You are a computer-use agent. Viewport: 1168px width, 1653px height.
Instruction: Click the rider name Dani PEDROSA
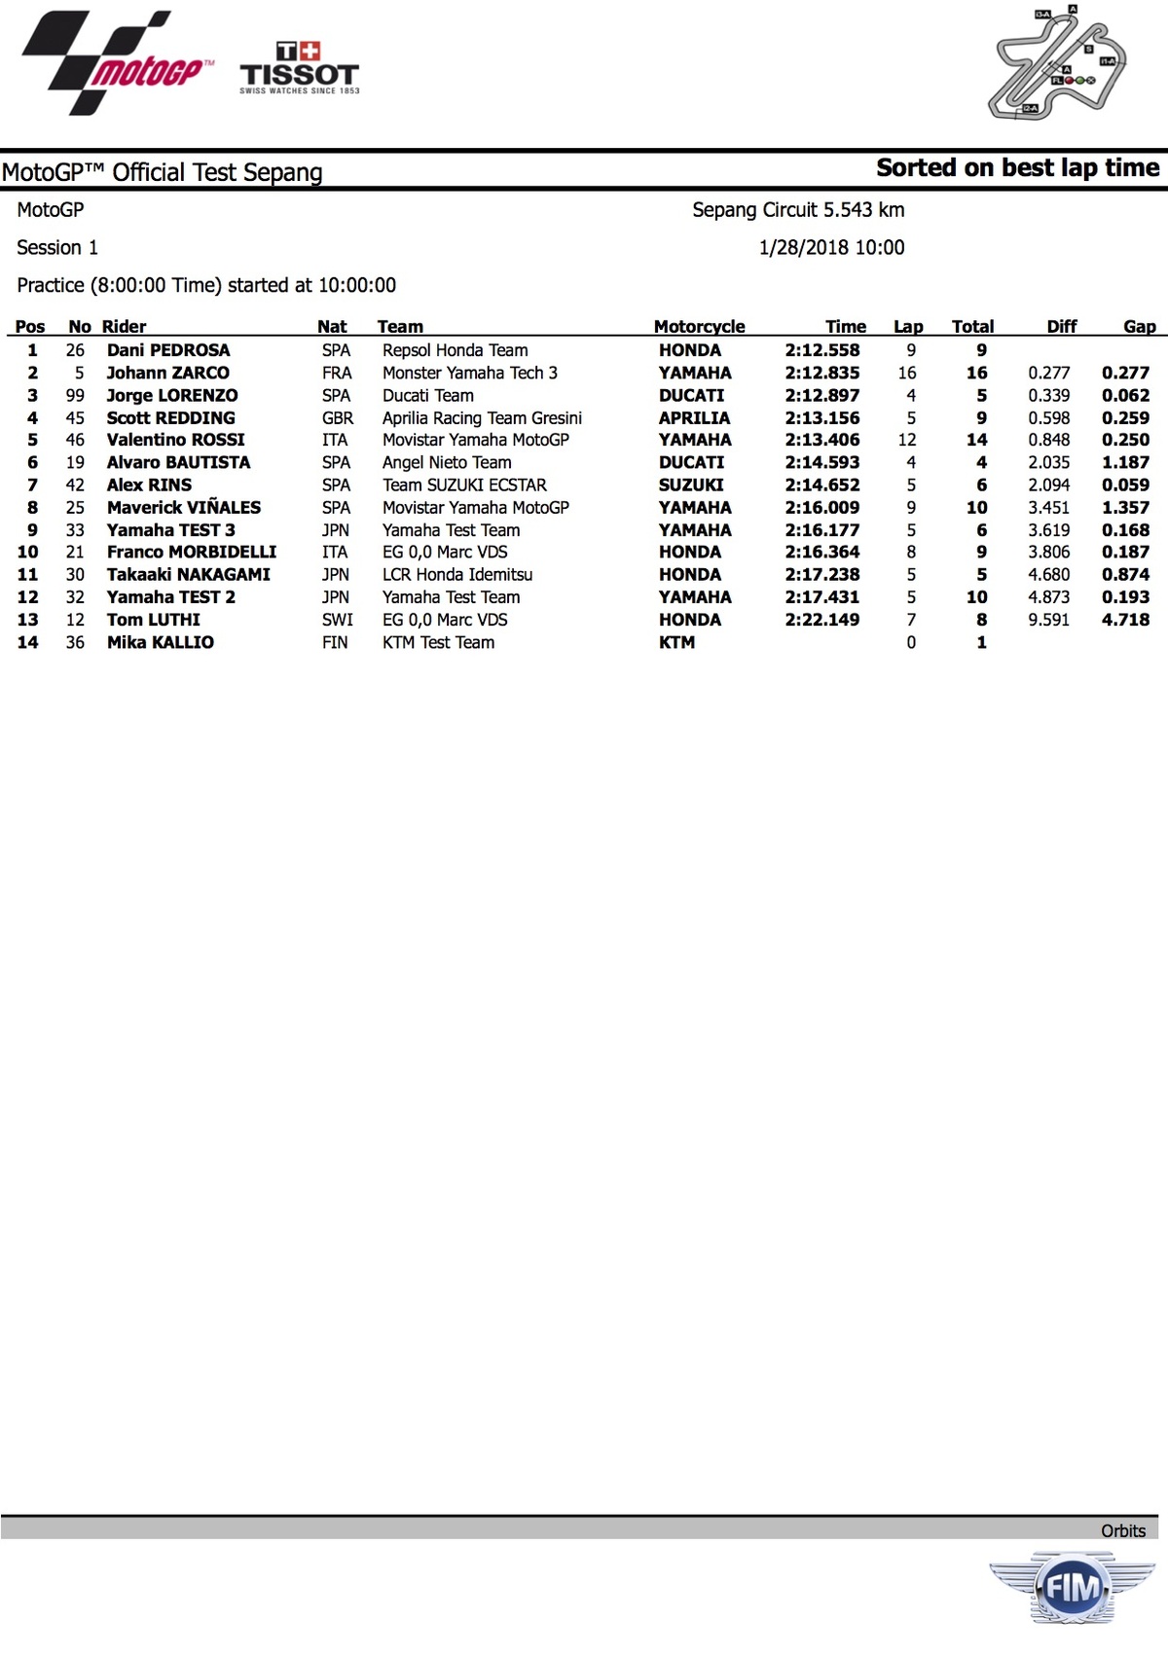(x=168, y=350)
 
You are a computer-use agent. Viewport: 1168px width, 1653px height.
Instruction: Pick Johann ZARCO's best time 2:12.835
(x=822, y=373)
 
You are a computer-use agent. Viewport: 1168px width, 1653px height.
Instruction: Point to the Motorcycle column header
(x=699, y=327)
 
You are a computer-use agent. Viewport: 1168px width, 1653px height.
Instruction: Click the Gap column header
(x=1139, y=327)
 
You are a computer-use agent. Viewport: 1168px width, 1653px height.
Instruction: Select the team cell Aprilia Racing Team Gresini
(x=482, y=418)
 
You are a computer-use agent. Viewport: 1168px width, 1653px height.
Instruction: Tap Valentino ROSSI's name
(x=176, y=440)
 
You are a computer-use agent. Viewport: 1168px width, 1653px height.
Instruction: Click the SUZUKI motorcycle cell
(x=691, y=485)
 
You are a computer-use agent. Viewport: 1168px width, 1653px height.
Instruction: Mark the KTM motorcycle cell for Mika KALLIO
(x=676, y=642)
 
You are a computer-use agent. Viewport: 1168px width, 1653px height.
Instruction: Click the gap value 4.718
(x=1125, y=620)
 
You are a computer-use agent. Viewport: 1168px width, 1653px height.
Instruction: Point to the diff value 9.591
(x=1048, y=620)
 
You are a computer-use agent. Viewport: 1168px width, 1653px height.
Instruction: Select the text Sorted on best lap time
(x=1017, y=168)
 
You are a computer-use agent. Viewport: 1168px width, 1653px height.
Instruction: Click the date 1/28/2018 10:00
(x=831, y=248)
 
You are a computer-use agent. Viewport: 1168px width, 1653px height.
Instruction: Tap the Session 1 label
(x=57, y=248)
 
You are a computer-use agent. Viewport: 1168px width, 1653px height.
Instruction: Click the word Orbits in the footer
(x=1123, y=1530)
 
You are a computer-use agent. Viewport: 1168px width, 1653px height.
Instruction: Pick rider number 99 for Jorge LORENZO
(x=75, y=395)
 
